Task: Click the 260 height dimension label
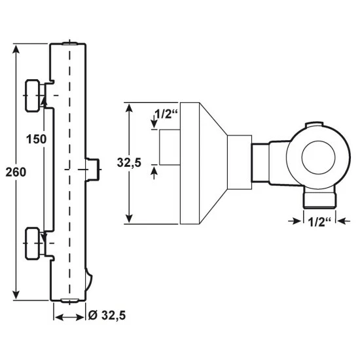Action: (16, 172)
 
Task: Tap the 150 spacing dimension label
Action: (36, 139)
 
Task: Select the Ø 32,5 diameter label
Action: (107, 315)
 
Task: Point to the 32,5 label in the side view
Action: (129, 163)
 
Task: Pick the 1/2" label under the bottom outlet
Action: (319, 222)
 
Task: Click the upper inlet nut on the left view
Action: (32, 96)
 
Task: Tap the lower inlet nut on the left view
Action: (32, 243)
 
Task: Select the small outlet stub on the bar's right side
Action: (93, 170)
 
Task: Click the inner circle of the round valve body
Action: (318, 157)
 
